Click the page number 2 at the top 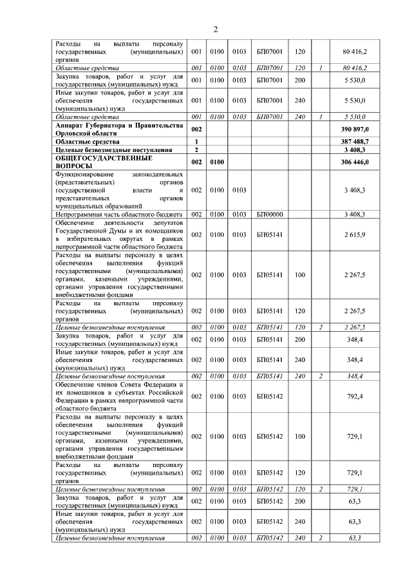[216, 29]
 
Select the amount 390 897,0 [355, 130]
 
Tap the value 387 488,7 [355, 140]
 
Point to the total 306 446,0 [355, 162]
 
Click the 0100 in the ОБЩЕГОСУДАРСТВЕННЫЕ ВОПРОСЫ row [217, 162]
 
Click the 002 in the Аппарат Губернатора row [197, 130]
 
